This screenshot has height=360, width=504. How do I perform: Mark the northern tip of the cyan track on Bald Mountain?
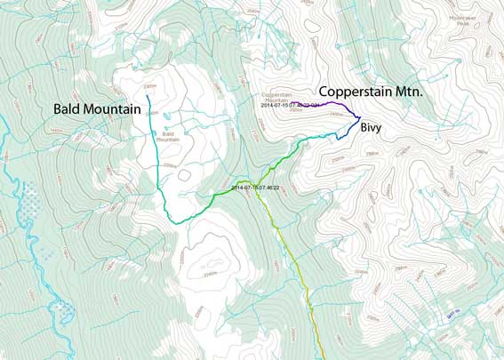coord(147,94)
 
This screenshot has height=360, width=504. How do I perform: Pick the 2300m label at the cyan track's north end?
coord(148,87)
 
